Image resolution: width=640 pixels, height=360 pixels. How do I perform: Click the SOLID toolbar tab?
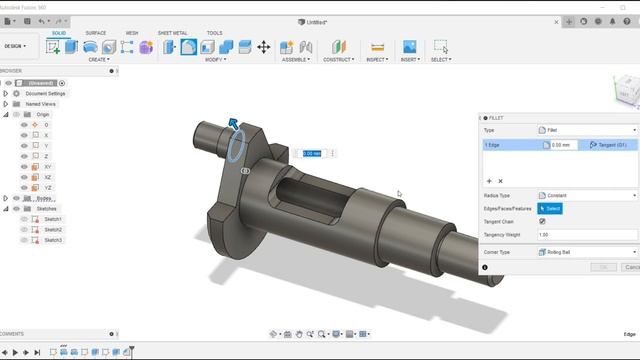(x=59, y=32)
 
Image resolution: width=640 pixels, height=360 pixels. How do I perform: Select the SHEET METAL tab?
(x=173, y=32)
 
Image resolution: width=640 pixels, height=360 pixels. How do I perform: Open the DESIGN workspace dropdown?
(x=17, y=46)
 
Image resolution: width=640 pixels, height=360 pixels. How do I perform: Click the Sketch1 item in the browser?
(x=52, y=218)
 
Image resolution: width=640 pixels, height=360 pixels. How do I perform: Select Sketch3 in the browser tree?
(x=52, y=240)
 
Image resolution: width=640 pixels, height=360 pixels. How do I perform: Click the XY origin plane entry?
(x=47, y=166)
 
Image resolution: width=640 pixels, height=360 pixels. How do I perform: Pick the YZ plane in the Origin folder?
(x=47, y=187)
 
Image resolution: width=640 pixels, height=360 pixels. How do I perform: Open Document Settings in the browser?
(x=45, y=93)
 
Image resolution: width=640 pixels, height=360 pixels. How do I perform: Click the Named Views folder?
(x=41, y=103)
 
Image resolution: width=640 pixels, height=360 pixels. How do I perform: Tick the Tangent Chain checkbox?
(x=542, y=221)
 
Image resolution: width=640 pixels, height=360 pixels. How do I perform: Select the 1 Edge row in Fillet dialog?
(x=510, y=145)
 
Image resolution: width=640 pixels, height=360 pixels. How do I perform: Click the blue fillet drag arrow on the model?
(x=233, y=123)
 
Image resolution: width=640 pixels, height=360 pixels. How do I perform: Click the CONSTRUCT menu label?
(x=338, y=59)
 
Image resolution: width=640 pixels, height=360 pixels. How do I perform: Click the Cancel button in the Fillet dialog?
(x=631, y=267)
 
